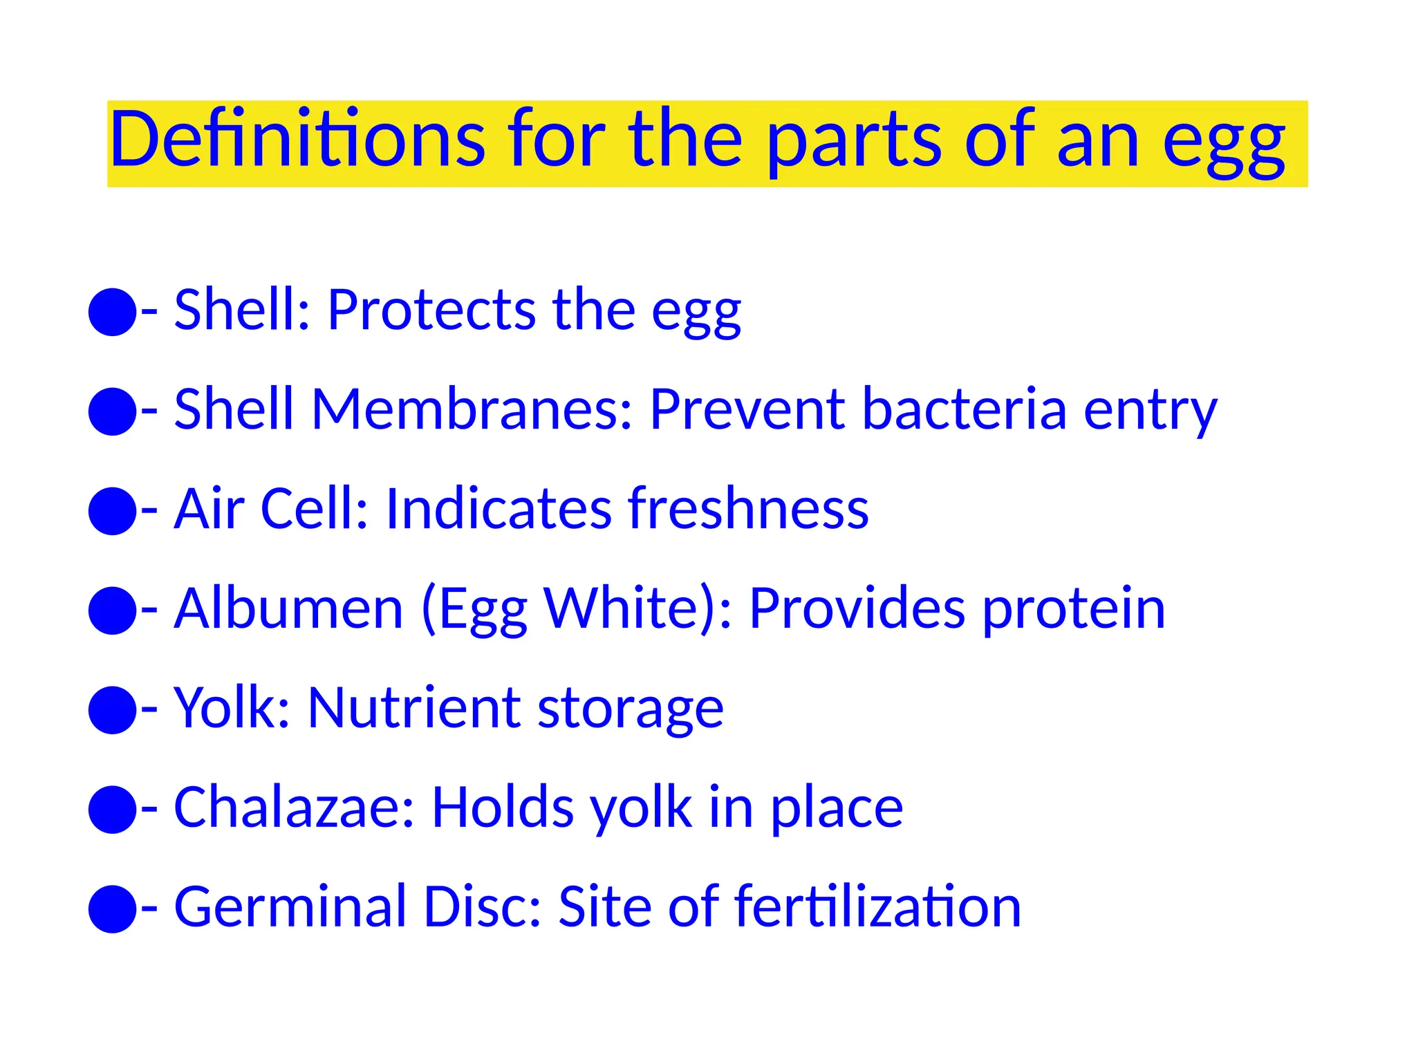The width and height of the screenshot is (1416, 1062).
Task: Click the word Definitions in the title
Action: (x=297, y=140)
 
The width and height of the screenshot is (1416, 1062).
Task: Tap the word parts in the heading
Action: (x=854, y=142)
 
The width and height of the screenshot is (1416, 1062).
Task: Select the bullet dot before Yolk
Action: (x=112, y=710)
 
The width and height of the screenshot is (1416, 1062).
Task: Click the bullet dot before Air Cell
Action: (x=112, y=511)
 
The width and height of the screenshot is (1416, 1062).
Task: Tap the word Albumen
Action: (x=288, y=608)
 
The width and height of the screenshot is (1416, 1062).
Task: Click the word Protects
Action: (x=431, y=310)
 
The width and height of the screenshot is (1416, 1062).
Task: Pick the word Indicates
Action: (x=498, y=509)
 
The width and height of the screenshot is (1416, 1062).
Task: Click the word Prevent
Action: (x=747, y=409)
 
